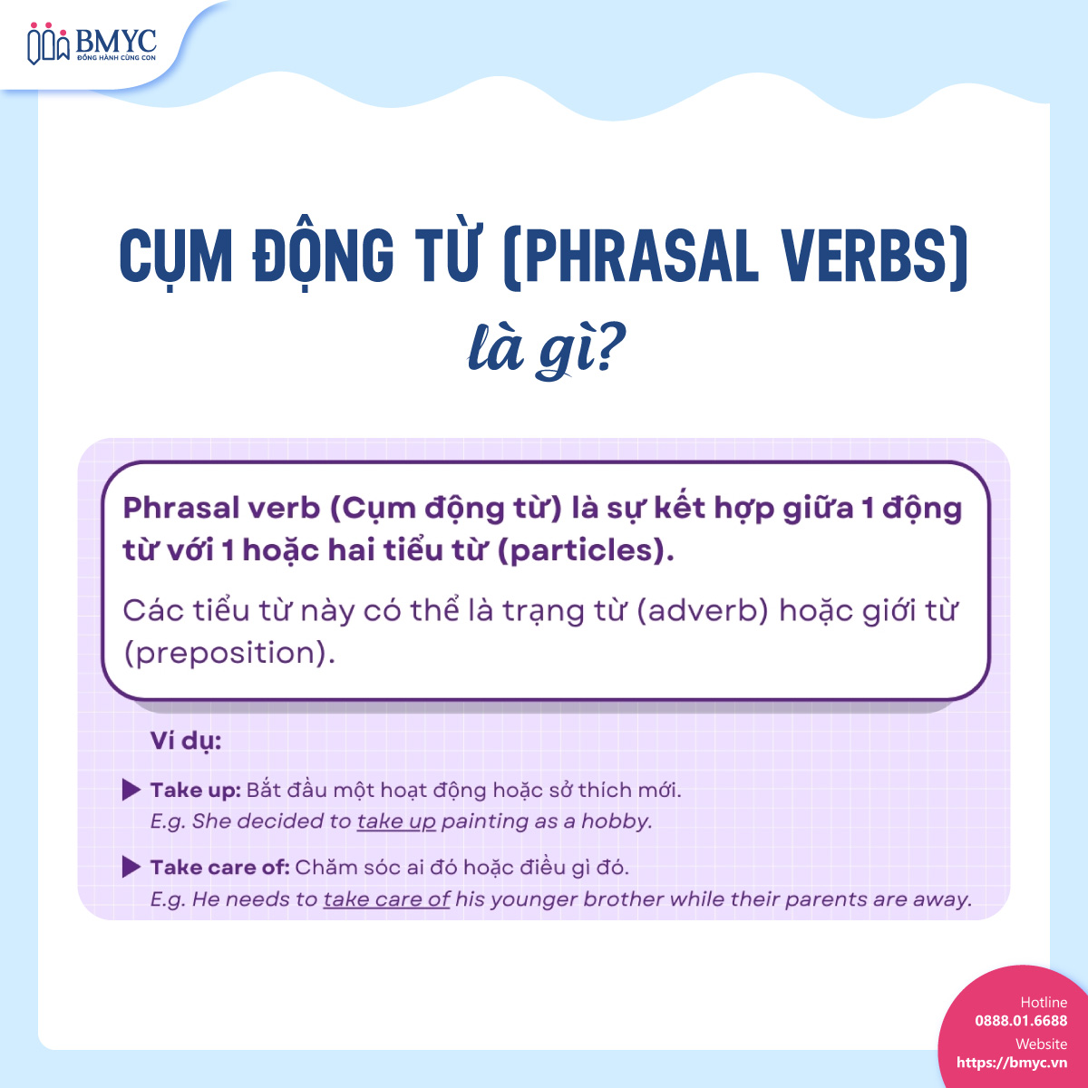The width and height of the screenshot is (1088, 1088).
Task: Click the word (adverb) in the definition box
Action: tap(703, 610)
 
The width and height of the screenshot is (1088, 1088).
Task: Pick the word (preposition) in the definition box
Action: tap(229, 653)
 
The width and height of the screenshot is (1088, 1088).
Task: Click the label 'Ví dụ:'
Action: tap(186, 741)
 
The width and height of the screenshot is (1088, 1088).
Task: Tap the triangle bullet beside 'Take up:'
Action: tap(131, 790)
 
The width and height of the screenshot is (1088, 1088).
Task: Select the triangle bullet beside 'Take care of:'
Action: tap(131, 867)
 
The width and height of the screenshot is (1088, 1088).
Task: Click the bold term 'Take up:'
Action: tap(195, 790)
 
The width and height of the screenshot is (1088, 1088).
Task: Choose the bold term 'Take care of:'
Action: tap(219, 867)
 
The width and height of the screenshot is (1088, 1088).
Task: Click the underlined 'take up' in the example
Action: tap(396, 821)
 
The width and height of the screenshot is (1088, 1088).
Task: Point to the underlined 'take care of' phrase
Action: tap(386, 899)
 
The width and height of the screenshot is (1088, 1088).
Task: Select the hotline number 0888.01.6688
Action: tap(1021, 1021)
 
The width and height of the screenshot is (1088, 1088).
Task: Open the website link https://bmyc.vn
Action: tap(1012, 1063)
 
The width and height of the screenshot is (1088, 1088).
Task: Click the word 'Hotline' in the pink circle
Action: tap(1044, 1002)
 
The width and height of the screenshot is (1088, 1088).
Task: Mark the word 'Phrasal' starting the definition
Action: tap(170, 508)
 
